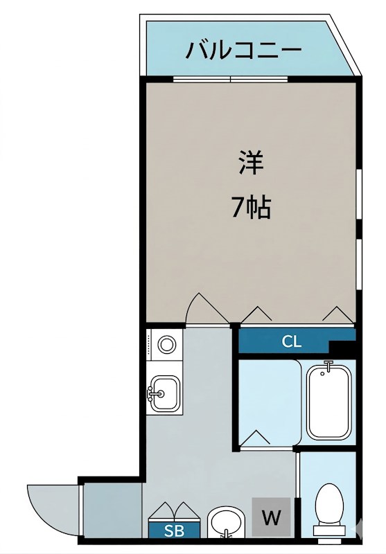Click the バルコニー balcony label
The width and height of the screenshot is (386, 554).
[243, 50]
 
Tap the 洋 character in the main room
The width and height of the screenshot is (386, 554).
[251, 163]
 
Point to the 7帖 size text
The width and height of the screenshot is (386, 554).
[250, 207]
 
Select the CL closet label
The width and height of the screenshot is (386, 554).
[292, 341]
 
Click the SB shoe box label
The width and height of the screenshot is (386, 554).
[169, 530]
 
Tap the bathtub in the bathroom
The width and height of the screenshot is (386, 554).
[329, 402]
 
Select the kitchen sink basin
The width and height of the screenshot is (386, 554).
[166, 393]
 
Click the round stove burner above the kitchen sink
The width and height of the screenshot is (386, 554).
[167, 344]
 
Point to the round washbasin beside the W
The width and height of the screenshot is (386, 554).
[225, 522]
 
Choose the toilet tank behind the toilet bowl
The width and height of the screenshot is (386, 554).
[328, 530]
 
